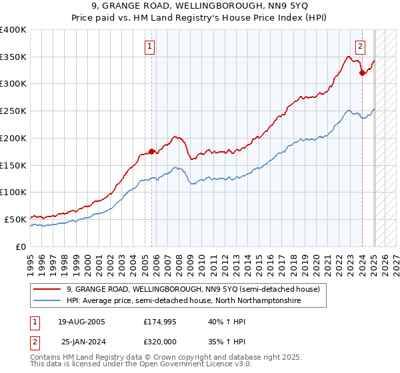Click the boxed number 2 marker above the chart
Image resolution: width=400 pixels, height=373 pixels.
coord(360,47)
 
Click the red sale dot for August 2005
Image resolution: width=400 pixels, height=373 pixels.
coord(152,151)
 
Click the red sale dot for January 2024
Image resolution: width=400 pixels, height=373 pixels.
coord(362,73)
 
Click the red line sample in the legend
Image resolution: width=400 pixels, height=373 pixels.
coord(48,289)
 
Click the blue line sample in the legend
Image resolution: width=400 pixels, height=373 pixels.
coord(48,301)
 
